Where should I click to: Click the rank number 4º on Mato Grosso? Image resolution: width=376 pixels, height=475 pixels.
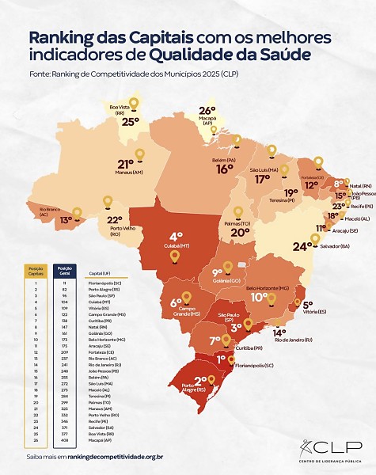click(x=176, y=236)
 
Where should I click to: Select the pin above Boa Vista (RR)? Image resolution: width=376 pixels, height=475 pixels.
click(x=134, y=104)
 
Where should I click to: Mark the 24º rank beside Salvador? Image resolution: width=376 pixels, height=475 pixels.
click(x=300, y=246)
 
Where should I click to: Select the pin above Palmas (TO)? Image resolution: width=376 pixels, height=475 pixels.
click(x=238, y=211)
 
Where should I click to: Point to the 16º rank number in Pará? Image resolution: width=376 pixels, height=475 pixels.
click(x=225, y=169)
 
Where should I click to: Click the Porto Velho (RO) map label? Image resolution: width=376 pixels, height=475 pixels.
click(x=109, y=234)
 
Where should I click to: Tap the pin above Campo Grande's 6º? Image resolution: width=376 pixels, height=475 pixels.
click(x=187, y=297)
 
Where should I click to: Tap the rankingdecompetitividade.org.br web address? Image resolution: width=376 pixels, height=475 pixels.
click(x=116, y=456)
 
